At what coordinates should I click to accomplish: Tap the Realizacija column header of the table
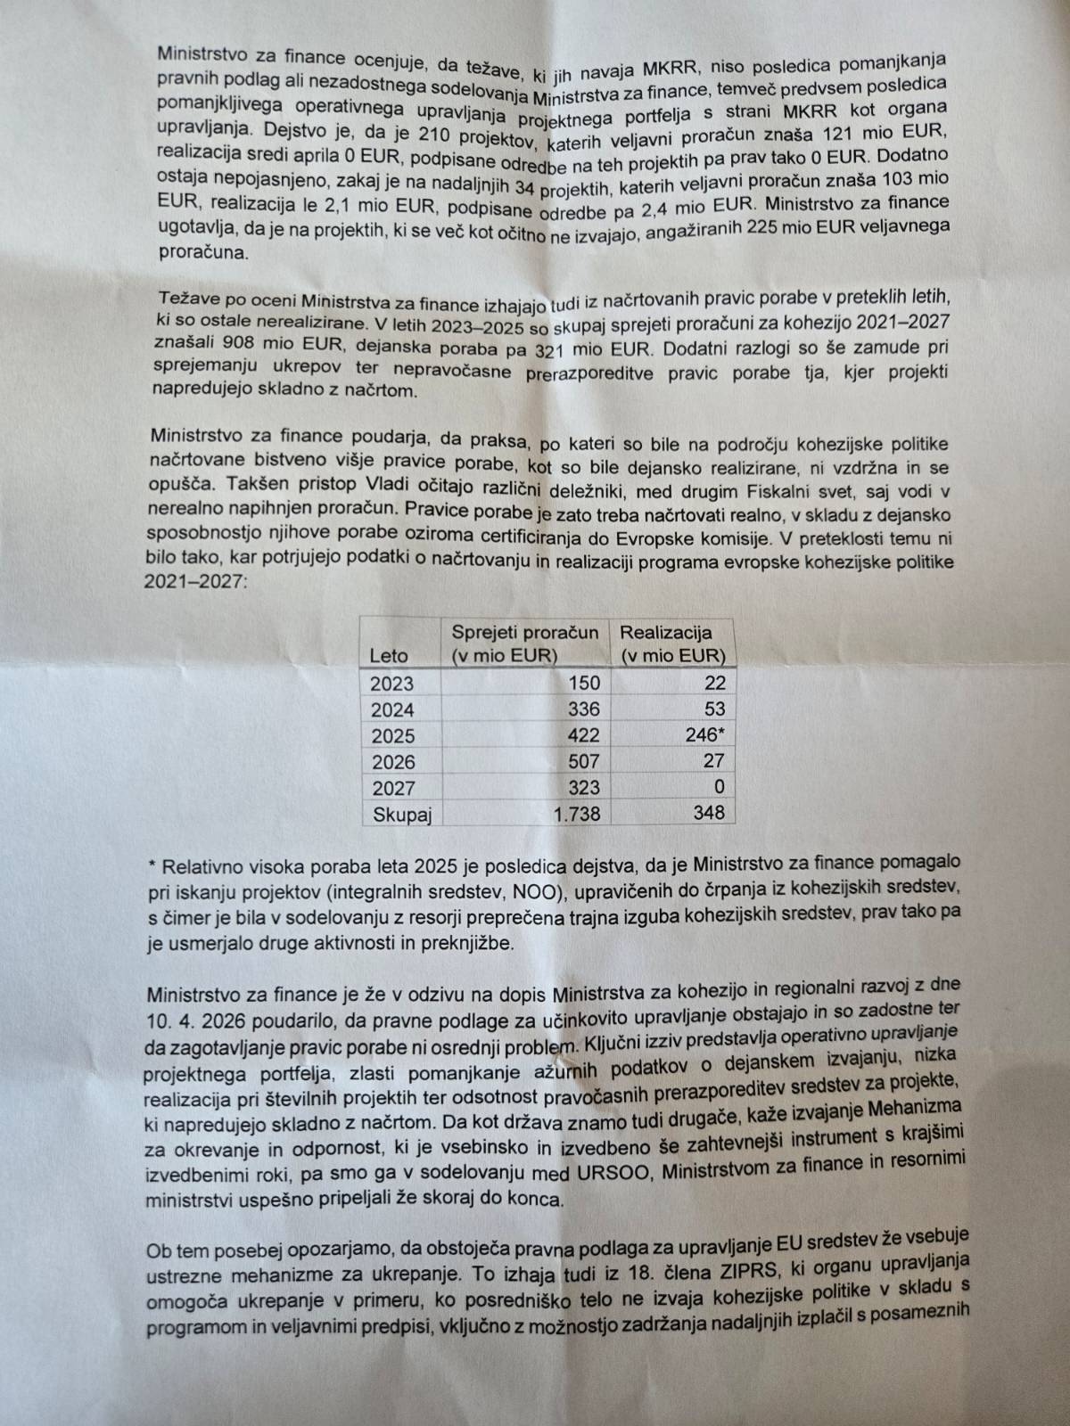tap(672, 643)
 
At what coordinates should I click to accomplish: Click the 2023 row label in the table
tap(392, 684)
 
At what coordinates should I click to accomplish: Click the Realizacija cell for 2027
tap(718, 787)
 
